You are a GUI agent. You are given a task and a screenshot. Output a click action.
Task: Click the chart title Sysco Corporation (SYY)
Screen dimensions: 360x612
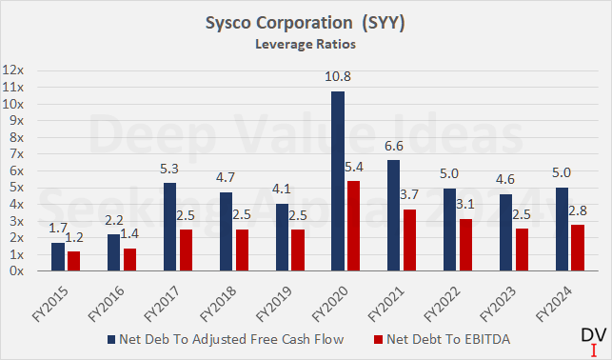tap(306, 23)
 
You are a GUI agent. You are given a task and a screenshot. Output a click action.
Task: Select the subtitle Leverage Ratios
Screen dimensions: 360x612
tap(306, 42)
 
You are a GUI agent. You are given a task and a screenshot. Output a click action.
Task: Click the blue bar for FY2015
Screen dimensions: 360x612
tap(58, 256)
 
